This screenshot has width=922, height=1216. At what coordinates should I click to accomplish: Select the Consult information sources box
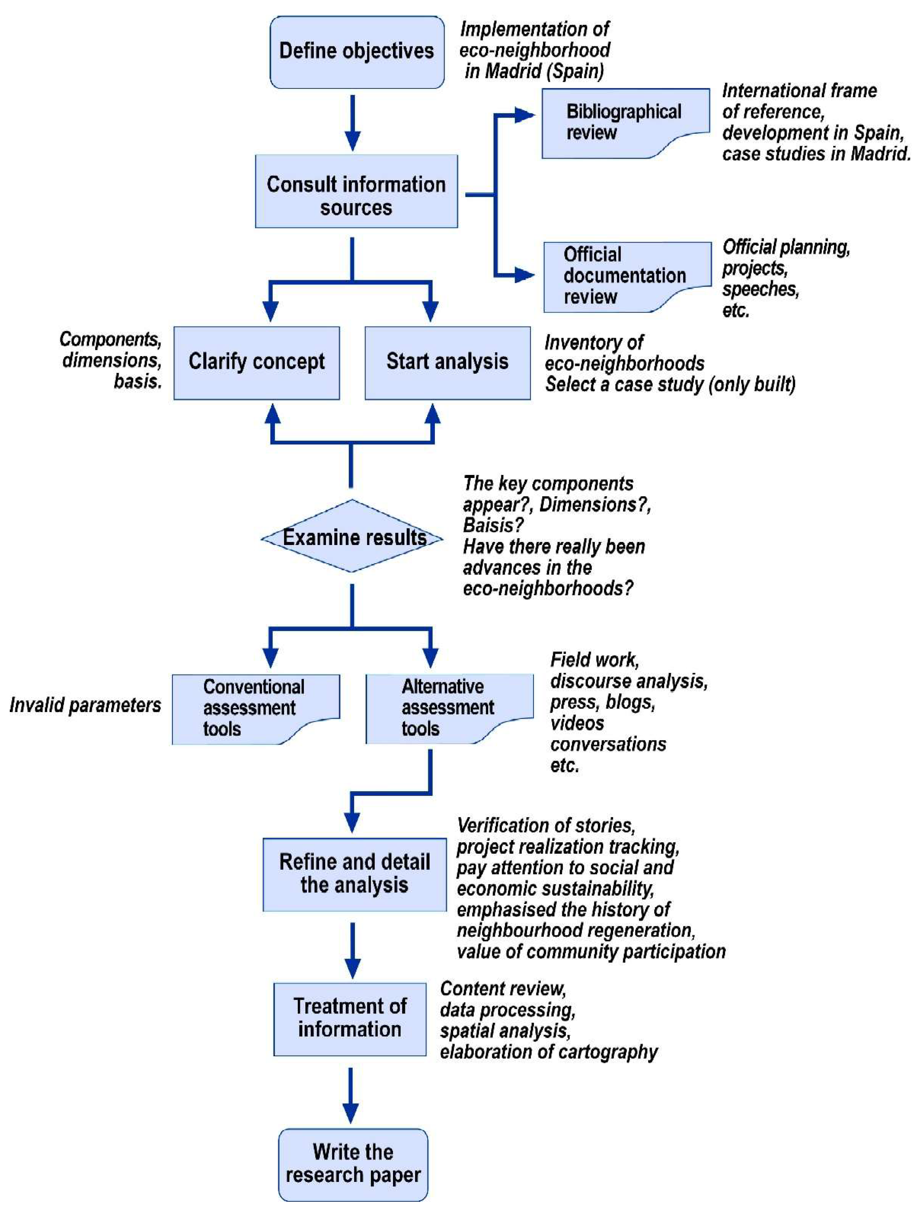[x=356, y=191]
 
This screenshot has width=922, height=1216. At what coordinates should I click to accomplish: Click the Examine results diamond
[x=352, y=537]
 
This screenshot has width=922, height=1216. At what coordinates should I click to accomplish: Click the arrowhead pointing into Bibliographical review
[x=525, y=115]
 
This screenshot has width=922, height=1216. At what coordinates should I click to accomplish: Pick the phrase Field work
[x=594, y=660]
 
